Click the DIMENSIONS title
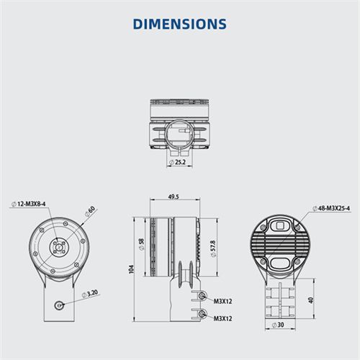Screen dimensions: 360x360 pyautogui.click(x=179, y=24)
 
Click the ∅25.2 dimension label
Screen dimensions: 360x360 pyautogui.click(x=178, y=162)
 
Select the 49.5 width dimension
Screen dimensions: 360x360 pyautogui.click(x=174, y=197)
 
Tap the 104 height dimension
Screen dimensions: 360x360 pyautogui.click(x=131, y=269)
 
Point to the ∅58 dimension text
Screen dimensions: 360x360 pyautogui.click(x=142, y=244)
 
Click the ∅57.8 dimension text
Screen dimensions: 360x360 pyautogui.click(x=213, y=248)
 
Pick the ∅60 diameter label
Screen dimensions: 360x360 pyautogui.click(x=90, y=212)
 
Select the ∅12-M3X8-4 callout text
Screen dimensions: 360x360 pyautogui.click(x=29, y=204)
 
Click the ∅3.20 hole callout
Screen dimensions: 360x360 pyautogui.click(x=90, y=294)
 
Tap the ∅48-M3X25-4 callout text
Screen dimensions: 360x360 pyautogui.click(x=331, y=208)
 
